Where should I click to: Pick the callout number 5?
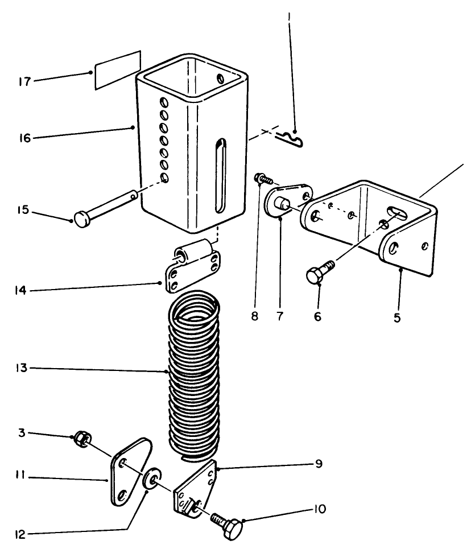[396, 317]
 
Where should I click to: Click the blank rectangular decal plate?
[117, 71]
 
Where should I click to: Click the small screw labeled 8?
[262, 180]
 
